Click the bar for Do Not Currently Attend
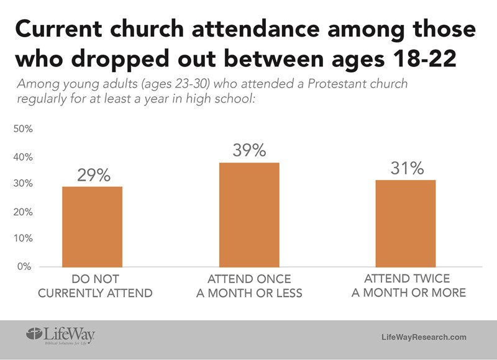(x=92, y=227)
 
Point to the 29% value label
(x=93, y=175)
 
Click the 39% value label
(x=249, y=150)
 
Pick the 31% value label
(x=407, y=168)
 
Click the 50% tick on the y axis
(x=24, y=129)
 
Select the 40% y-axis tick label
(x=24, y=157)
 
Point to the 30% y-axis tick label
(x=24, y=184)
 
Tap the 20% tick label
(x=24, y=212)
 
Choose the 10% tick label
(x=24, y=239)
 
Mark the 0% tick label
(x=25, y=266)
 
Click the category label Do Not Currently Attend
(x=94, y=286)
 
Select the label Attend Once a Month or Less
(x=249, y=286)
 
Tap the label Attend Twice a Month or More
(x=408, y=285)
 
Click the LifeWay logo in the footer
(x=60, y=335)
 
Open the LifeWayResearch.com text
(x=423, y=336)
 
